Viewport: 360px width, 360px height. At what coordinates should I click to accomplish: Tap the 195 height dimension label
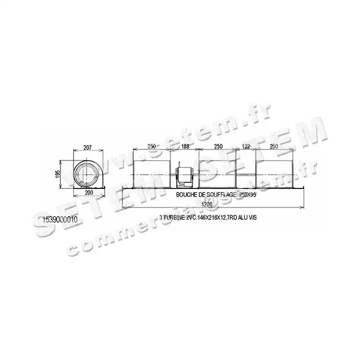[x=58, y=174]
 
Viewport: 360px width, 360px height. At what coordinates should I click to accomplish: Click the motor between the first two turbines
[x=184, y=175]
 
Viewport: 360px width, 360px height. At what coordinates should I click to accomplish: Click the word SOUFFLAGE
[x=216, y=195]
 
